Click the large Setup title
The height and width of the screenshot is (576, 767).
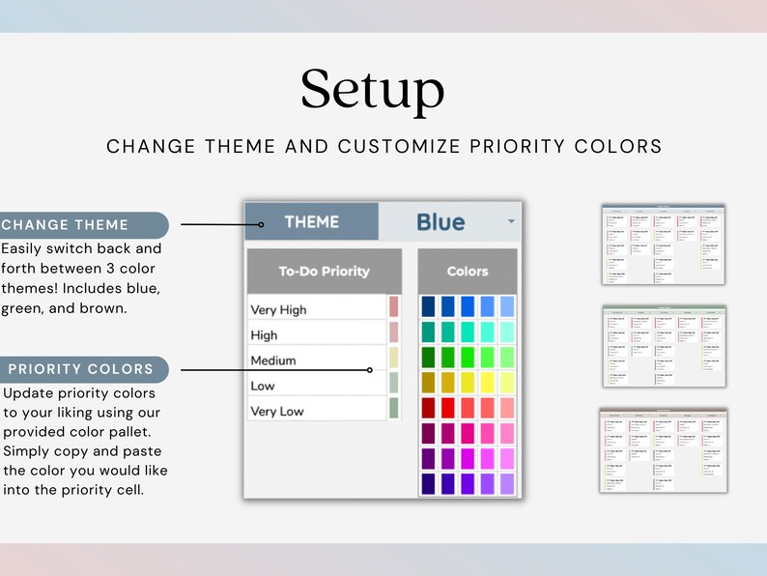[372, 90]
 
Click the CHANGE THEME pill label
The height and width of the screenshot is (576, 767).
[65, 225]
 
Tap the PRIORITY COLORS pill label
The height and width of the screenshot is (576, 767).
[80, 369]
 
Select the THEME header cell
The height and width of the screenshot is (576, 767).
[311, 222]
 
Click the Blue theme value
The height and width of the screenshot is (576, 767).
[440, 222]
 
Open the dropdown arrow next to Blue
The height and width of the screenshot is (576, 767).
[511, 222]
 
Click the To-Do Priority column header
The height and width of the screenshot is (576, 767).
[324, 272]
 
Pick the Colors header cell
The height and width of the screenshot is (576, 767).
[468, 272]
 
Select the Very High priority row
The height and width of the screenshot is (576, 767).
[316, 309]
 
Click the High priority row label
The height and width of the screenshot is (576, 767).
[264, 334]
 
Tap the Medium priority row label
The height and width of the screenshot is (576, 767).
[273, 360]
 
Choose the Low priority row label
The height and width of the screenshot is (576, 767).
[263, 386]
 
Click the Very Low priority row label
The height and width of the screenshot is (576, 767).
[277, 411]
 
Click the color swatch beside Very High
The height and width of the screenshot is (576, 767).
[393, 307]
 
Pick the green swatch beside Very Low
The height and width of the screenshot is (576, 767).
[393, 409]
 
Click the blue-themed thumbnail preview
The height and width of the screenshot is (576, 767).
[663, 244]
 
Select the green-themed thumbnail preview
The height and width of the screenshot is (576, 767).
[663, 346]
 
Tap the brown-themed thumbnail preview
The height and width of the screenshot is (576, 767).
[663, 449]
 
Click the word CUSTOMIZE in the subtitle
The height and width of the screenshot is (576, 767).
[398, 147]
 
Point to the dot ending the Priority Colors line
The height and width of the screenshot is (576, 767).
[370, 370]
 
